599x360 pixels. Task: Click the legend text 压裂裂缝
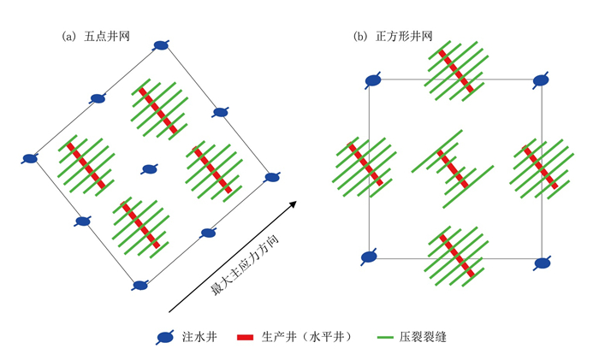[x=423, y=337]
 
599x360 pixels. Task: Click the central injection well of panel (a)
[x=150, y=168]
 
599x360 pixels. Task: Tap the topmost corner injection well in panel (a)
[x=161, y=45]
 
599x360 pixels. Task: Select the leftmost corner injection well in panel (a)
[x=30, y=158]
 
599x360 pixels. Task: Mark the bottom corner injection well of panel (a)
[x=139, y=285]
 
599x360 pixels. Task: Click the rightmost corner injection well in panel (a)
[x=271, y=177]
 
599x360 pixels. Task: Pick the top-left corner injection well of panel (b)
[x=373, y=81]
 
